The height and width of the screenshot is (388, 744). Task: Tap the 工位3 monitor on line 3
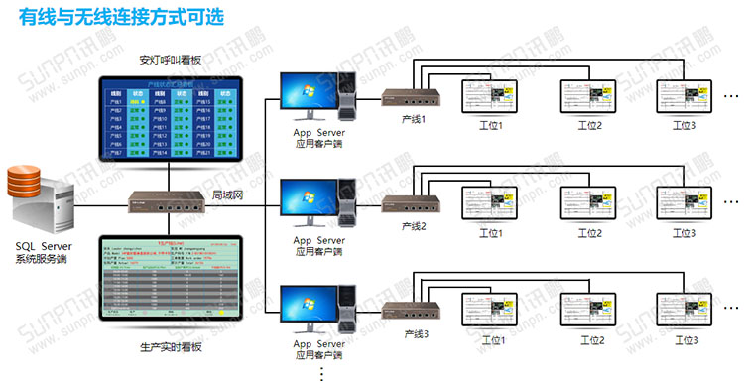click(x=684, y=315)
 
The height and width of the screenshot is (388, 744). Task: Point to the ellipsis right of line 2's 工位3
click(x=732, y=203)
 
